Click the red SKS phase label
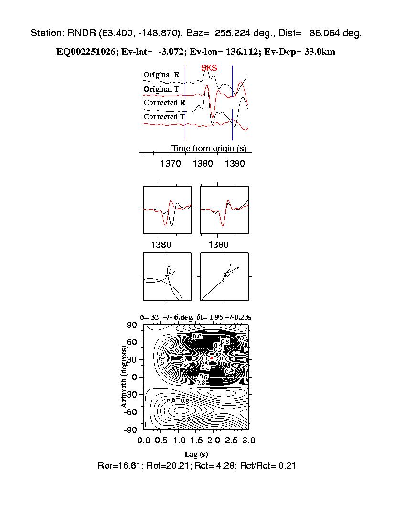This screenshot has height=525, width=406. coord(209,68)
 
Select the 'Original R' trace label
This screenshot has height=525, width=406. coord(161,75)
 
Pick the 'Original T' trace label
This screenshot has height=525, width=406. coord(161,89)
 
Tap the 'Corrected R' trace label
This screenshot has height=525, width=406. coord(164,103)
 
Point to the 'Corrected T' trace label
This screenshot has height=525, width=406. coord(164,117)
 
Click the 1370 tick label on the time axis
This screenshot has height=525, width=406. coord(170,164)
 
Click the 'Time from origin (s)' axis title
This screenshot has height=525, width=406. coord(209,148)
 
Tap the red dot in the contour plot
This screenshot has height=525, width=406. coord(212,357)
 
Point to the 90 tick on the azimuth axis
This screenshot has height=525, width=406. coord(132,325)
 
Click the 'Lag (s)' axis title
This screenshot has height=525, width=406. coord(196,454)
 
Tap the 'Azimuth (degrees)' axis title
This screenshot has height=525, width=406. coord(125,377)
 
